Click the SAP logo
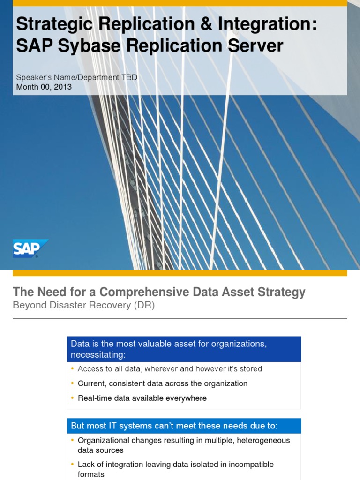(30, 248)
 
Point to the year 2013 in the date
(62, 87)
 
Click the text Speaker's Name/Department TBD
(77, 77)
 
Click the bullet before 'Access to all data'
(73, 369)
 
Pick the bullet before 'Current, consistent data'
(73, 383)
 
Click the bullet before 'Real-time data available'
(73, 398)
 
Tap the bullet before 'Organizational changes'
(73, 441)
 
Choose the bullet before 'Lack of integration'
(73, 465)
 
